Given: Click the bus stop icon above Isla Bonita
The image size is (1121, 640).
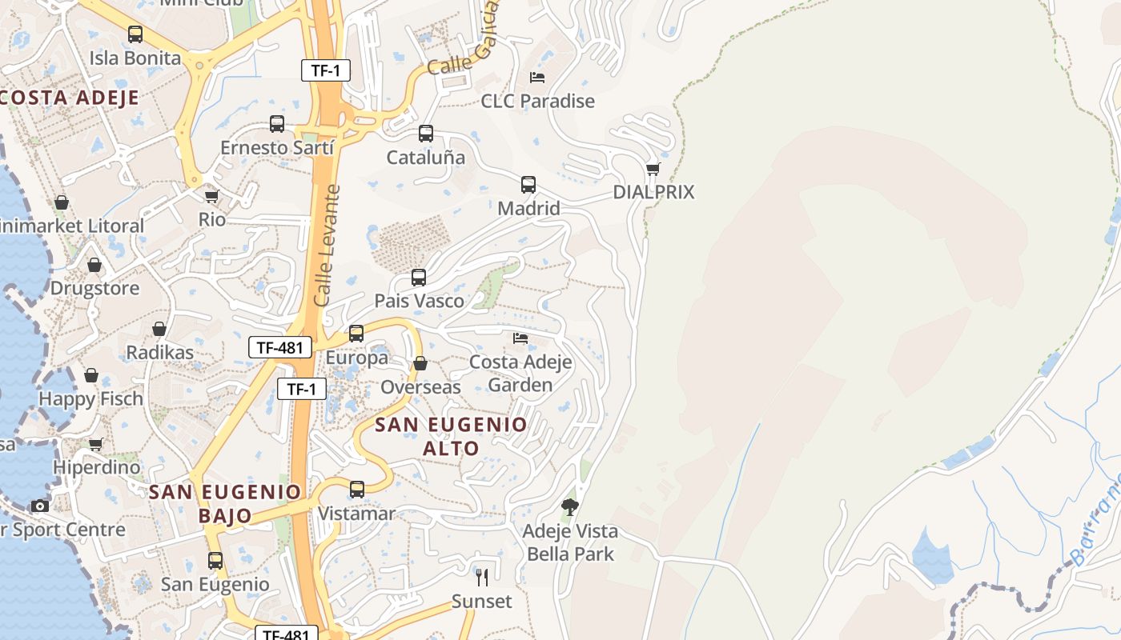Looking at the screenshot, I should click(135, 34).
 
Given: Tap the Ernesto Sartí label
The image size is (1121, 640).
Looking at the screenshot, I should click(276, 148).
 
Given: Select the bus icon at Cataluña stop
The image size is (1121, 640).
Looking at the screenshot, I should click(426, 134).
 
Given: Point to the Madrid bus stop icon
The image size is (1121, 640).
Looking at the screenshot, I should click(528, 185).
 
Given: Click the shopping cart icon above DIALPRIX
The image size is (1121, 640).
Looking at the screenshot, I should click(653, 169).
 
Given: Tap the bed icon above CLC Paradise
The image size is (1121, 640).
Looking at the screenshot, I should click(537, 78).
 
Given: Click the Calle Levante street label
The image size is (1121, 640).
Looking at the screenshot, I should click(328, 246).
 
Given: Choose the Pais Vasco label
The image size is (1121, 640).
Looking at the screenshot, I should click(419, 301).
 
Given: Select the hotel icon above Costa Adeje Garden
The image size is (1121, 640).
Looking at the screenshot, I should click(520, 338).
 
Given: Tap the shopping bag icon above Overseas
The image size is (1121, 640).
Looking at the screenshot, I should click(420, 364).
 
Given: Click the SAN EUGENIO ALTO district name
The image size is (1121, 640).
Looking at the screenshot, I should click(451, 436).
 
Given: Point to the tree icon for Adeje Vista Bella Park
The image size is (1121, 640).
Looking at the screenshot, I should click(570, 506).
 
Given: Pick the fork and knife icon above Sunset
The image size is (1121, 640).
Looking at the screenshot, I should click(481, 577).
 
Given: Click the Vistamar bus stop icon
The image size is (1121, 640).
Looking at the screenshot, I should click(357, 489).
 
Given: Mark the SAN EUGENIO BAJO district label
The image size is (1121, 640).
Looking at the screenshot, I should click(225, 503).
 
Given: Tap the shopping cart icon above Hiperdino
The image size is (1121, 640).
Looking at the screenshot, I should click(96, 444).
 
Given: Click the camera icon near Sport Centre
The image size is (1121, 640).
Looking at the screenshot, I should click(40, 506).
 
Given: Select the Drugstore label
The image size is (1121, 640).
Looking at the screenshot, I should click(94, 288).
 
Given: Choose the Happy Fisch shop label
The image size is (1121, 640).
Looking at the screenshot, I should click(90, 398).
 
